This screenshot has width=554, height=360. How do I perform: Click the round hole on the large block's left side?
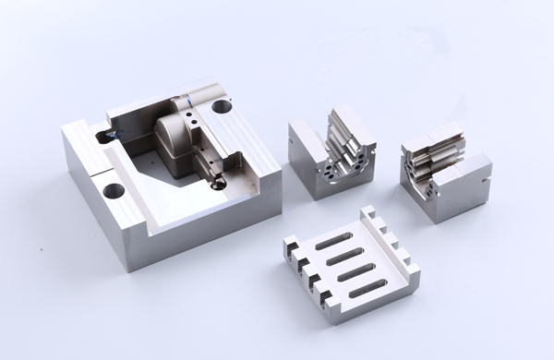click(x=113, y=192)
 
